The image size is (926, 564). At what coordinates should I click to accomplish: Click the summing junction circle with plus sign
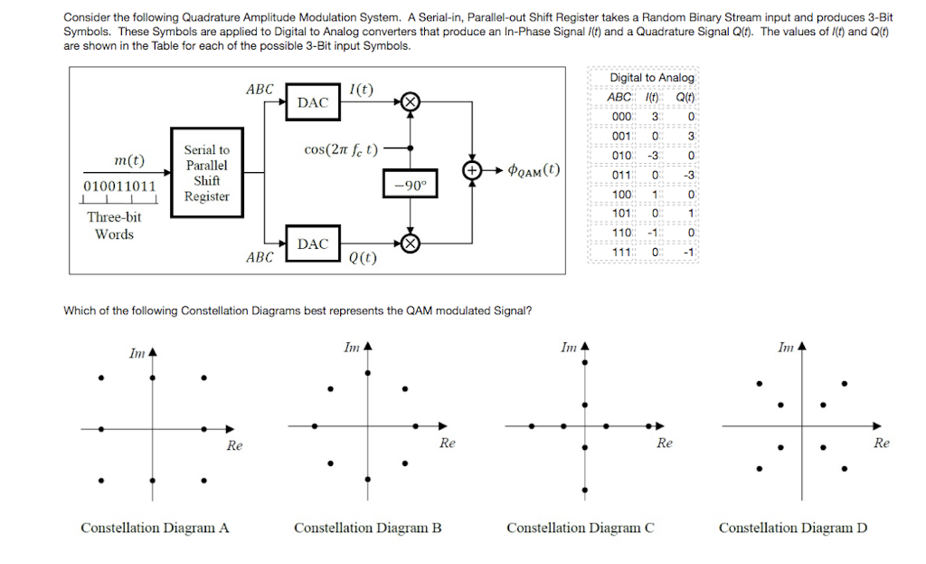(x=472, y=170)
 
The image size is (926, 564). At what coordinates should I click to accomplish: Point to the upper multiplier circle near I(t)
(x=411, y=101)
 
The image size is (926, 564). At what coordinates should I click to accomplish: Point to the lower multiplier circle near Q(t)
(x=411, y=243)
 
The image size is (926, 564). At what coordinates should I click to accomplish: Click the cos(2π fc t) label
(x=341, y=149)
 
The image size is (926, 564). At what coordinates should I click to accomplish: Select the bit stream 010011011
(x=119, y=186)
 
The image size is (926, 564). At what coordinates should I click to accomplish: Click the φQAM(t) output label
(x=534, y=170)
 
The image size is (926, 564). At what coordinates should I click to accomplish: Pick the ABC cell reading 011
(x=621, y=175)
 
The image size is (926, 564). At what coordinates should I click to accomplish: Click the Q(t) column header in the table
(x=685, y=97)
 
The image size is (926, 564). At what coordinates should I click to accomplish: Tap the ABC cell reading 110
(x=621, y=233)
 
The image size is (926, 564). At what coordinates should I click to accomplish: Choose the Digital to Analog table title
(x=652, y=78)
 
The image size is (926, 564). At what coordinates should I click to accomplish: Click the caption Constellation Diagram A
(x=155, y=528)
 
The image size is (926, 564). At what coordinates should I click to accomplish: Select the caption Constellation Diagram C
(x=581, y=528)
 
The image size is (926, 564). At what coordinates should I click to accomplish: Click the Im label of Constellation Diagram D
(x=786, y=348)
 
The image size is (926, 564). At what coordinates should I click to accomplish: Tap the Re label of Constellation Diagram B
(x=447, y=443)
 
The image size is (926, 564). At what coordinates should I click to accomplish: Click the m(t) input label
(x=129, y=160)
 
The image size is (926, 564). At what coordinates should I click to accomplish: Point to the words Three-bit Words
(x=114, y=225)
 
